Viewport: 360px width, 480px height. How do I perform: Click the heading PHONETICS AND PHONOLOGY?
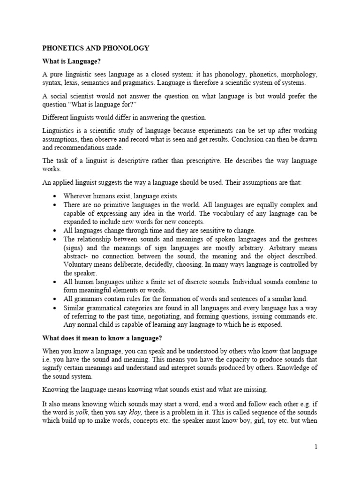pos(96,48)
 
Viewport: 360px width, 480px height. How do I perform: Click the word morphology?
pos(298,75)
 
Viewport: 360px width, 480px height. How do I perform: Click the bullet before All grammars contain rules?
pos(56,299)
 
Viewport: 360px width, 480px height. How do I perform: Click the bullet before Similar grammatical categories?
pos(56,308)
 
